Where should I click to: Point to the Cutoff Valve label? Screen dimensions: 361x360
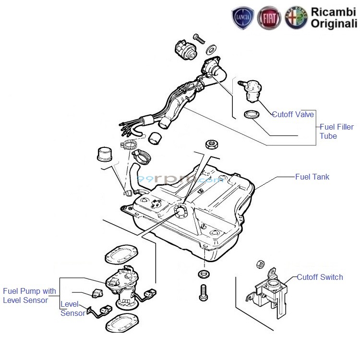293,114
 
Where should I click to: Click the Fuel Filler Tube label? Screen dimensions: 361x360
336,132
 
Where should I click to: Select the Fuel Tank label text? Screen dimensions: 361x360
312,177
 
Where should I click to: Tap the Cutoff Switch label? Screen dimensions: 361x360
320,277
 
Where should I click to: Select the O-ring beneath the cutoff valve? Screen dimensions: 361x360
252,115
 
